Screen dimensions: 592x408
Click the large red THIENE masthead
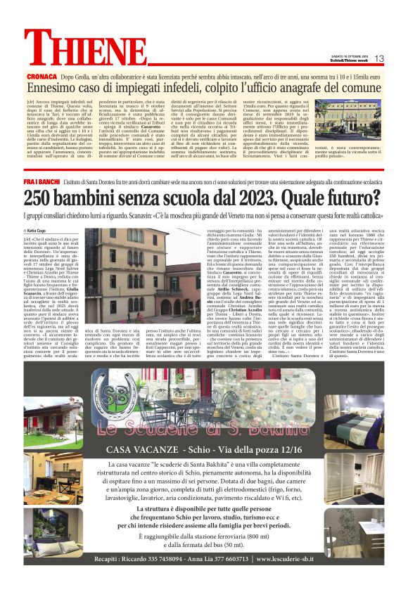pyautogui.click(x=85, y=50)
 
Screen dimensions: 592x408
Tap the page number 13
pyautogui.click(x=378, y=58)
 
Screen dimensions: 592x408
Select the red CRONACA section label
pyautogui.click(x=42, y=75)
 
